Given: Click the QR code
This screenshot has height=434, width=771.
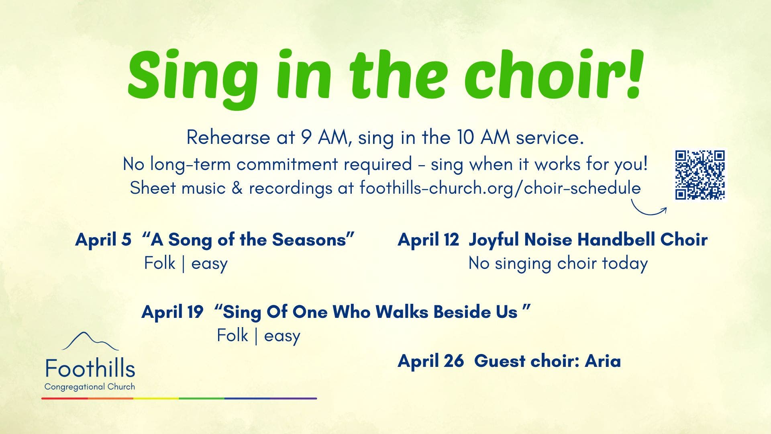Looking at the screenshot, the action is click(x=700, y=175).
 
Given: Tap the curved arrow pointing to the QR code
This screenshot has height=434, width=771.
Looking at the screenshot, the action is click(x=646, y=212).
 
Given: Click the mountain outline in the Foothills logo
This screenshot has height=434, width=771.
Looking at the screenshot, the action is click(x=90, y=341).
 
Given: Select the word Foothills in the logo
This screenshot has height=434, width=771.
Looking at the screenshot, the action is click(x=90, y=368).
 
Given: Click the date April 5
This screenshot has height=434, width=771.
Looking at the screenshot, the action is click(x=103, y=240).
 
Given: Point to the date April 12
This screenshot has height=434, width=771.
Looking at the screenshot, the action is click(x=428, y=240).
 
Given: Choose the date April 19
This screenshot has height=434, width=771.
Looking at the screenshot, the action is click(x=172, y=312).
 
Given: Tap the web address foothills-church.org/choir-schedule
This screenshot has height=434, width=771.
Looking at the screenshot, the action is click(x=500, y=188).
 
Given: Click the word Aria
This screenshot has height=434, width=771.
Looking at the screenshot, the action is click(x=603, y=361).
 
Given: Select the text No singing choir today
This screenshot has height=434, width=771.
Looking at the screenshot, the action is click(x=558, y=264).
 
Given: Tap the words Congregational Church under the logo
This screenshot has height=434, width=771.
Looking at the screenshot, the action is click(x=90, y=387).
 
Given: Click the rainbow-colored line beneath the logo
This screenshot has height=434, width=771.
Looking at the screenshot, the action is click(x=179, y=398).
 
